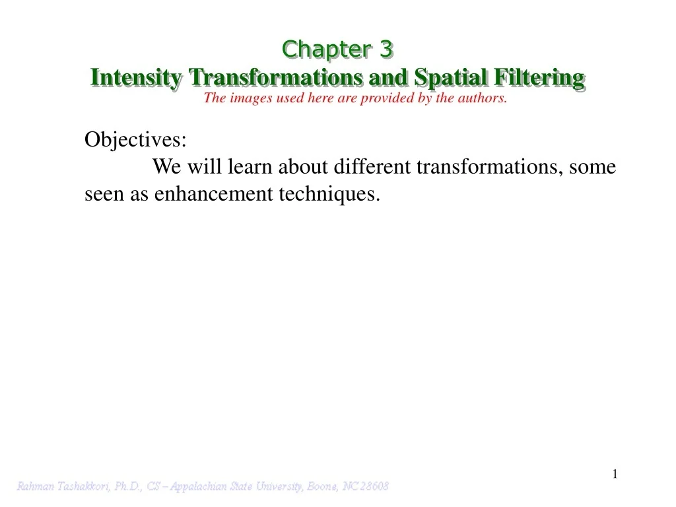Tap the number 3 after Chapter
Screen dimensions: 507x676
(386, 49)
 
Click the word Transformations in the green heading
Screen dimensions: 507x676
(276, 77)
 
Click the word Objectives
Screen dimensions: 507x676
(135, 140)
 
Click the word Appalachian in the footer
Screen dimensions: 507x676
(203, 487)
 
